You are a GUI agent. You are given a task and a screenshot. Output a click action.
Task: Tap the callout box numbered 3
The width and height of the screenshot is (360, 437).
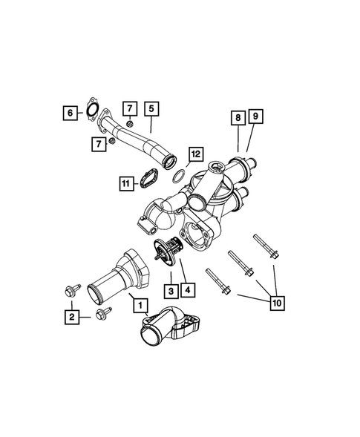coord(170,289)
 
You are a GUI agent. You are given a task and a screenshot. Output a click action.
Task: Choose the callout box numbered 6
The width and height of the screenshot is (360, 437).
coord(71,112)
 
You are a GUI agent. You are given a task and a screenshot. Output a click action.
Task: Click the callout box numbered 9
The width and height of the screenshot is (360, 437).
coord(255,117)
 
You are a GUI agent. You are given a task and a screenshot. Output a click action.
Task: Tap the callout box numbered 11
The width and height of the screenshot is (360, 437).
coord(127,181)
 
